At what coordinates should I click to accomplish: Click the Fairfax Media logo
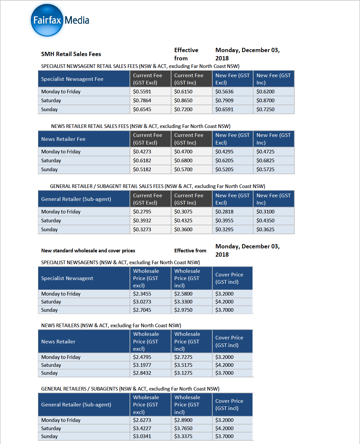[x=60, y=20]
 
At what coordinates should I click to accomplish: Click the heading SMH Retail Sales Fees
[x=71, y=54]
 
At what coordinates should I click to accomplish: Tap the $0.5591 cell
[x=142, y=92]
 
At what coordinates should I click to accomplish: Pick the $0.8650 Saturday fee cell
[x=183, y=101]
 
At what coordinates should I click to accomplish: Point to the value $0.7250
[x=265, y=110]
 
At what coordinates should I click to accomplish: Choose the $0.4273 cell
[x=142, y=152]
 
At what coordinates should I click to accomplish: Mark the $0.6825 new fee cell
[x=265, y=161]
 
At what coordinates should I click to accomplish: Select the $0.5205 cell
[x=224, y=170]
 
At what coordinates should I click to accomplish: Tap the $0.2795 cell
[x=142, y=212]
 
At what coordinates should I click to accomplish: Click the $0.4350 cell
[x=265, y=221]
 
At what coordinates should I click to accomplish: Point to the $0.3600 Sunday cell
[x=183, y=230]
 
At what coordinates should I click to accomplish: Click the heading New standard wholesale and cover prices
[x=88, y=251]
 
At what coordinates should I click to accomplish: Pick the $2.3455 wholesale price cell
[x=142, y=294]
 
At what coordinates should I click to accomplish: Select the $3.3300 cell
[x=183, y=302]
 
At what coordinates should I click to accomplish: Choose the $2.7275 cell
[x=183, y=357]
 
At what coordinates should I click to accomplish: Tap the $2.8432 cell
[x=142, y=373]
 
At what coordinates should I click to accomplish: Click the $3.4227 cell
[x=142, y=428]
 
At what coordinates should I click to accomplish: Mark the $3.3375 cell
[x=183, y=436]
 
